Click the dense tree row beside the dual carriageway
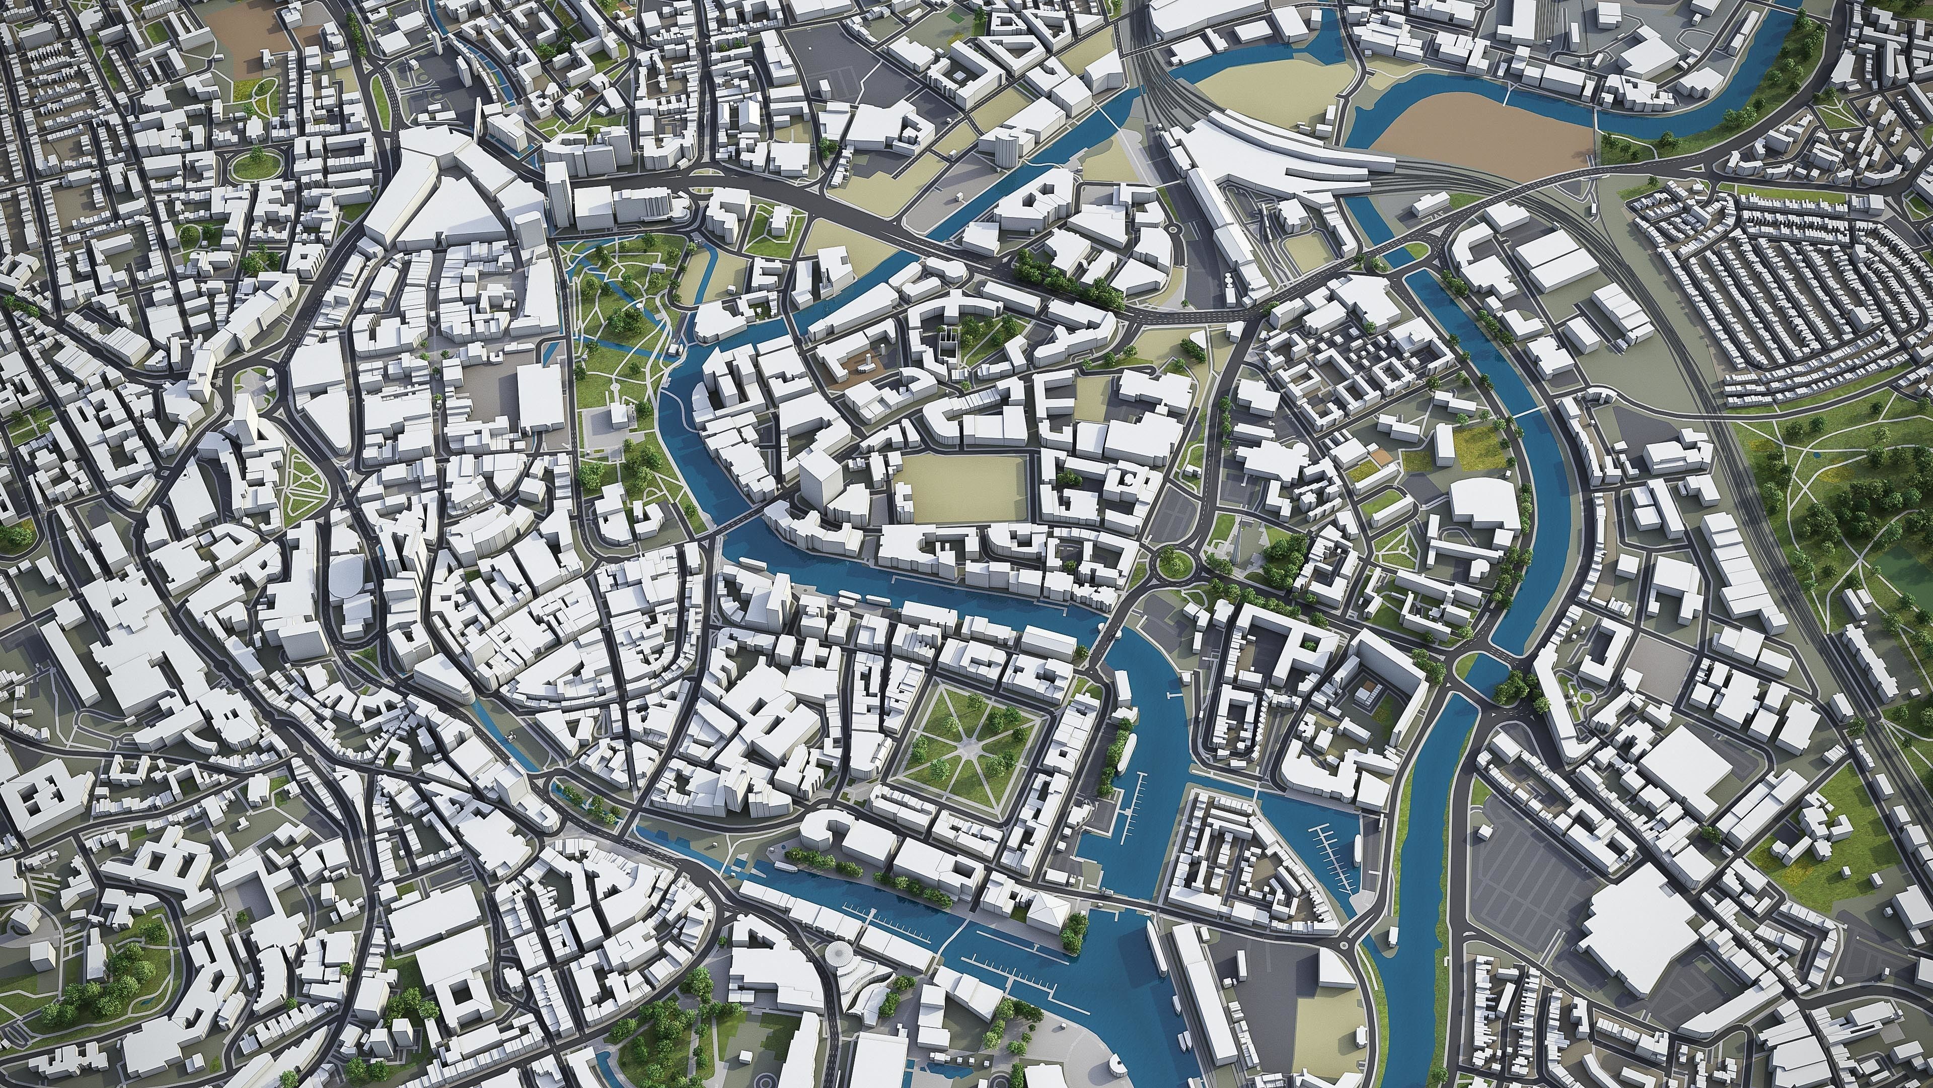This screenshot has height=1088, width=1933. pos(1066,278)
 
